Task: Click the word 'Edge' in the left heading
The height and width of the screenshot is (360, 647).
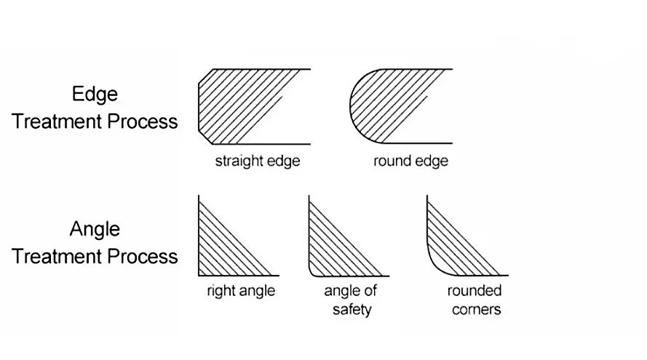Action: (x=95, y=94)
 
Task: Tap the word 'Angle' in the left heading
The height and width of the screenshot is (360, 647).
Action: (x=95, y=230)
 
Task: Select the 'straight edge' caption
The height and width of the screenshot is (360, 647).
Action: (x=257, y=161)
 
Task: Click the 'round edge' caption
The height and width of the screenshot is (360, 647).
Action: (x=410, y=161)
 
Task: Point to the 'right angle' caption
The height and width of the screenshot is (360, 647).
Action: (x=241, y=291)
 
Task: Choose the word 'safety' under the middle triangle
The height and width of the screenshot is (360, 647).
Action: (x=352, y=310)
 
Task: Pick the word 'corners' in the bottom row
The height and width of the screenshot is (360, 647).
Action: (x=475, y=310)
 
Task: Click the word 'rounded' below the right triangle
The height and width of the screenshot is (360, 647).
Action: (x=475, y=292)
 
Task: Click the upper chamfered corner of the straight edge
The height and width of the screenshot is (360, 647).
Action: (x=205, y=76)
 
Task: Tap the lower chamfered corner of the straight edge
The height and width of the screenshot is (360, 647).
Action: (x=205, y=137)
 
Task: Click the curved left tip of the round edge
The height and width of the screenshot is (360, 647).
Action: (x=352, y=106)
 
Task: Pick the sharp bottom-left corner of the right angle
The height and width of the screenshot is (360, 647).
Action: (x=199, y=275)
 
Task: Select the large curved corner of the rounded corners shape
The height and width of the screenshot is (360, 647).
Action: (x=434, y=265)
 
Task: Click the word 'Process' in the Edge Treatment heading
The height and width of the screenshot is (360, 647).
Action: (x=142, y=121)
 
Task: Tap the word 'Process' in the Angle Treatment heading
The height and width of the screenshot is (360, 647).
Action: (x=142, y=256)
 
